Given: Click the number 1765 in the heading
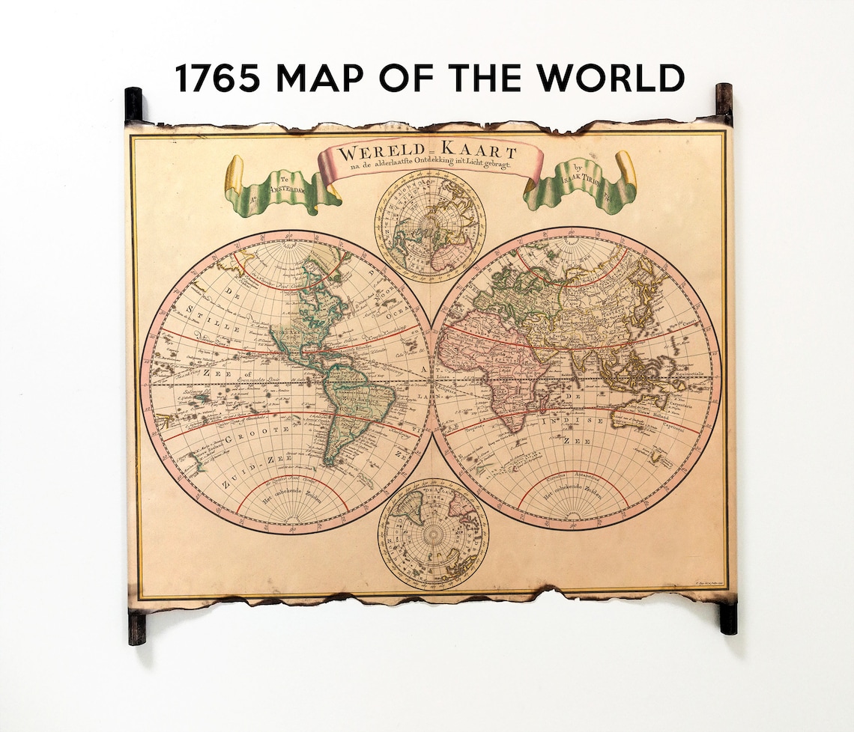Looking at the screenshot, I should [x=218, y=78].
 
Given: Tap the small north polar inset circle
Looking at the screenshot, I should [x=430, y=227].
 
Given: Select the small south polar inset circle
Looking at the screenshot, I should [x=433, y=533].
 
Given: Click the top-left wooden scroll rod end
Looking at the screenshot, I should [x=133, y=104].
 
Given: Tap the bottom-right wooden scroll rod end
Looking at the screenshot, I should [x=727, y=618].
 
